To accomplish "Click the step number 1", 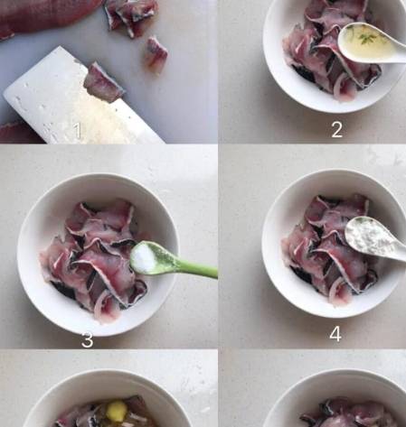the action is (x=78, y=131).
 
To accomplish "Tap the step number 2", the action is (x=337, y=130).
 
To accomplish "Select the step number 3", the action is (x=88, y=340).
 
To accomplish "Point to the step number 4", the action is (x=335, y=334).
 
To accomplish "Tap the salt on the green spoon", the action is (x=143, y=258).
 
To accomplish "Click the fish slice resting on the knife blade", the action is (x=104, y=83).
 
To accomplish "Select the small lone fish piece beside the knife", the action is (x=156, y=53).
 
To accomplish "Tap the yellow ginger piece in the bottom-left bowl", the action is (x=117, y=411).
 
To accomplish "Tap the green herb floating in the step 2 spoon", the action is (x=367, y=38).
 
